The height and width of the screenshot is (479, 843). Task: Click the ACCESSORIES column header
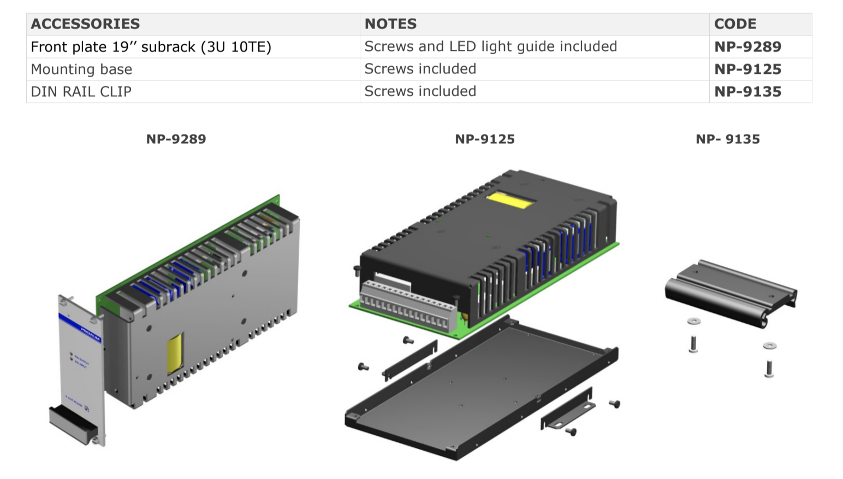[85, 24]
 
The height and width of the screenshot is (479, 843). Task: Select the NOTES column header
[390, 24]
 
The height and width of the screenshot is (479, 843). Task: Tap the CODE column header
[735, 24]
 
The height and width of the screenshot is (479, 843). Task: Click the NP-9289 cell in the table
[747, 47]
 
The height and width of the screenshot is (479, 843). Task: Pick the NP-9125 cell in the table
[747, 69]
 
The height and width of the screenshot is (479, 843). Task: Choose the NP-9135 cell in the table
[747, 92]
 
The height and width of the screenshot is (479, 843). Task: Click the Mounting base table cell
[81, 69]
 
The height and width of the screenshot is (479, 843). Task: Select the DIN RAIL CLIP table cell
[81, 92]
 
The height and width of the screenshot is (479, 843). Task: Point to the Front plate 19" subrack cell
[151, 47]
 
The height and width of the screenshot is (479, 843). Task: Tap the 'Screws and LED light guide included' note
[490, 47]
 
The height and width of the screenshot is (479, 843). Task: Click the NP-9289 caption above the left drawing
[176, 139]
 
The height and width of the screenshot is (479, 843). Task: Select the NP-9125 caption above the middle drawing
[485, 139]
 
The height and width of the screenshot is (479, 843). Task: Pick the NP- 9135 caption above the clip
[727, 139]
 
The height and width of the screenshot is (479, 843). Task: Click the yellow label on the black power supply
[510, 201]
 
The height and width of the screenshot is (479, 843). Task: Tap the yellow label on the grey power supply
[175, 353]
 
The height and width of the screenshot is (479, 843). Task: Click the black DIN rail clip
[731, 292]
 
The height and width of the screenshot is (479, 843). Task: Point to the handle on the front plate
[73, 424]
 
